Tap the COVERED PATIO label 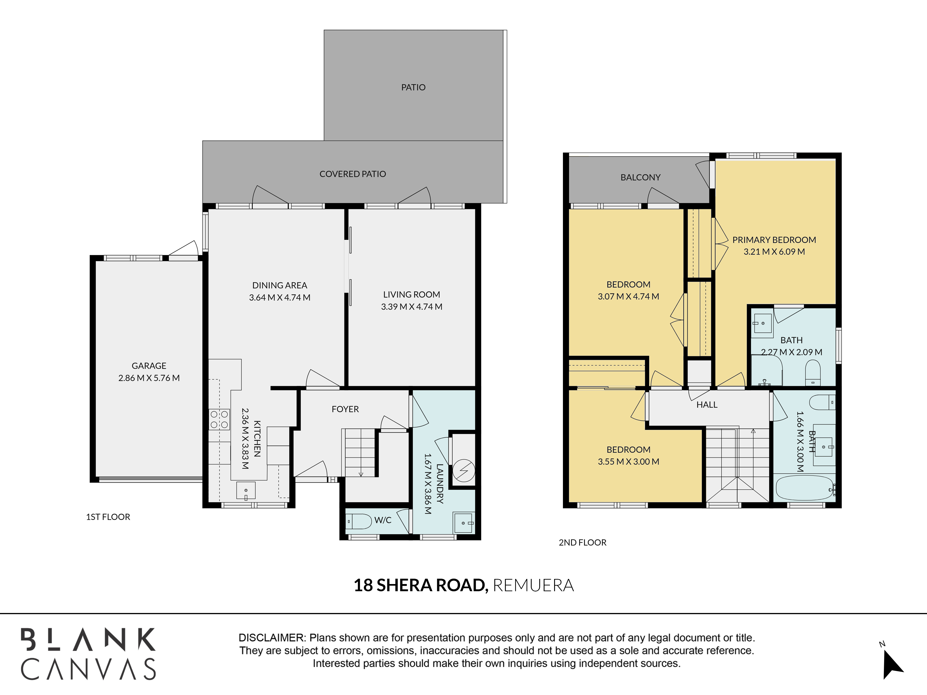[352, 174]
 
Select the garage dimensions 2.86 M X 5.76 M [149, 378]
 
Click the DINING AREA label [279, 285]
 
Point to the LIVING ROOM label [412, 294]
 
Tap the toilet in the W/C [359, 521]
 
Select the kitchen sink [246, 491]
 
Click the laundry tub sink [464, 523]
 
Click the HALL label [707, 405]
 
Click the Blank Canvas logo [88, 654]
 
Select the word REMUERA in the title [533, 585]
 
